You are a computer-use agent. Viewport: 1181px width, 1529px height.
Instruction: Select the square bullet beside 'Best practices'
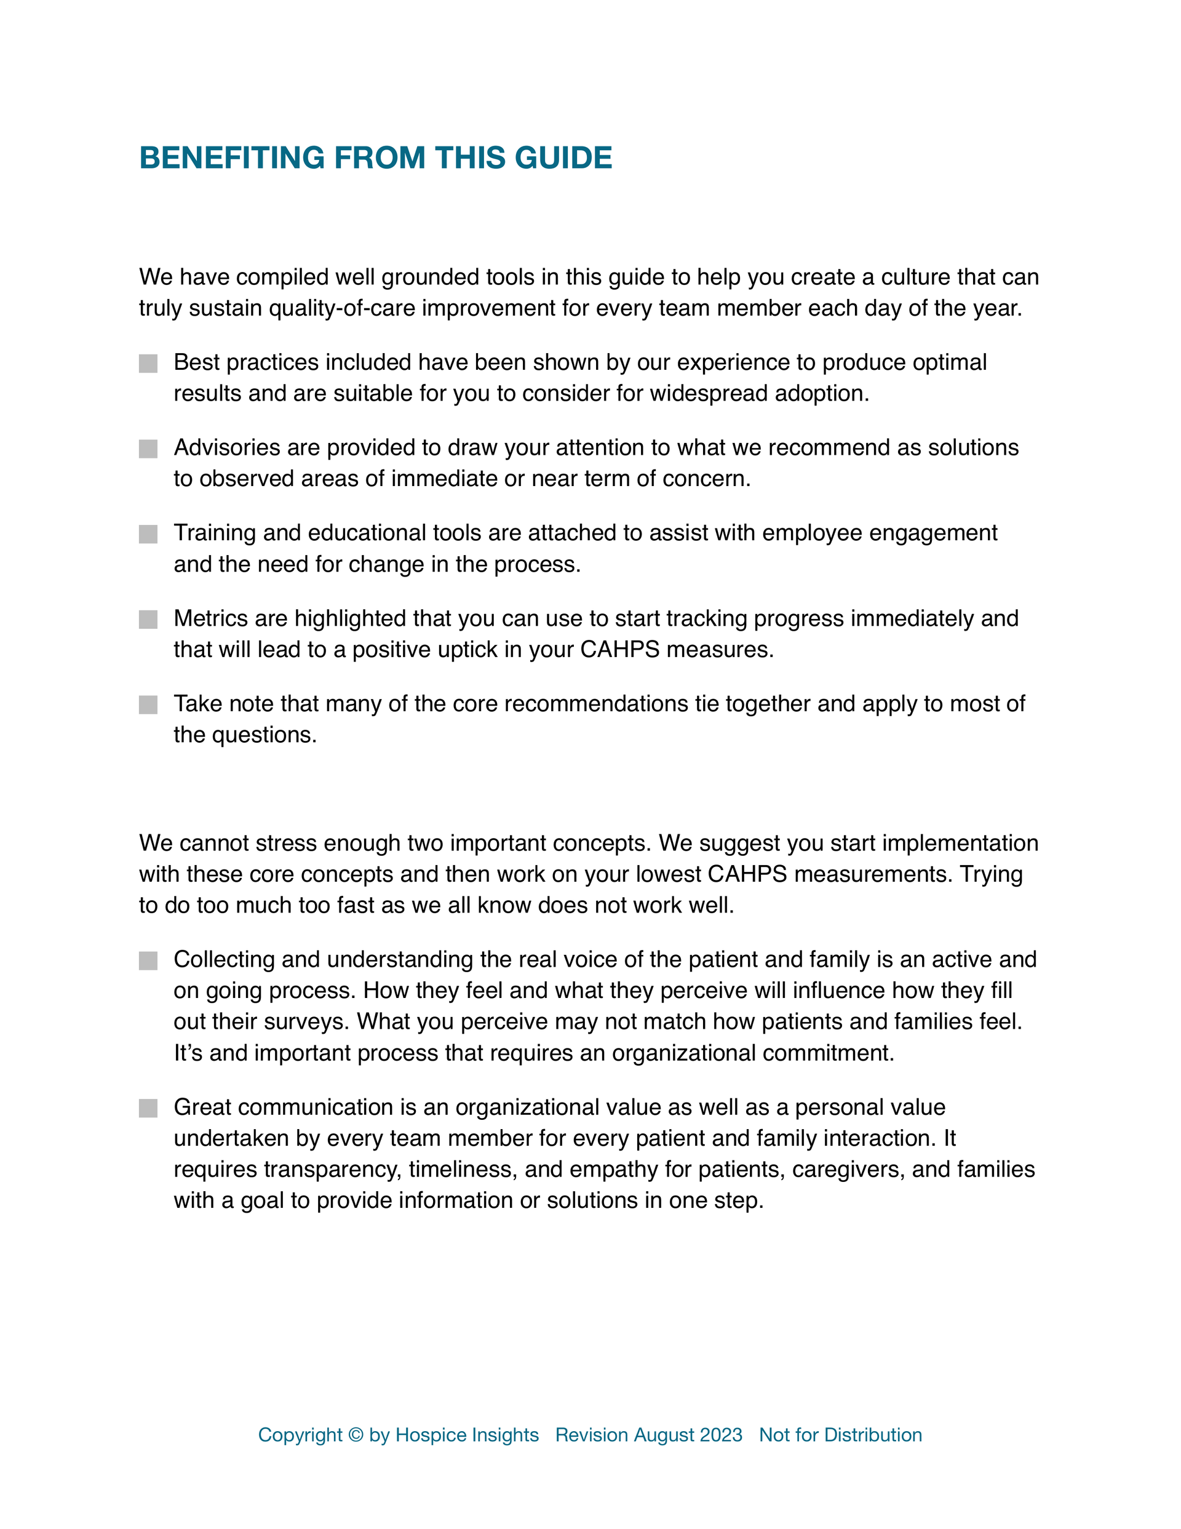click(148, 364)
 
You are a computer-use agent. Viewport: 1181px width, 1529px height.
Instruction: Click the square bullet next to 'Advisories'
click(148, 449)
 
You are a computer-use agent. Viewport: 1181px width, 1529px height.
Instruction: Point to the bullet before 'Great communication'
click(148, 1108)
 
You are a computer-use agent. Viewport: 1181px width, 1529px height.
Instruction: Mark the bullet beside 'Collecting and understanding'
click(148, 960)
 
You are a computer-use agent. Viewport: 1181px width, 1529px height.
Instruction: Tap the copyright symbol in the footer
click(356, 1435)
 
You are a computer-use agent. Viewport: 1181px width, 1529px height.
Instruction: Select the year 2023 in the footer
click(720, 1435)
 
